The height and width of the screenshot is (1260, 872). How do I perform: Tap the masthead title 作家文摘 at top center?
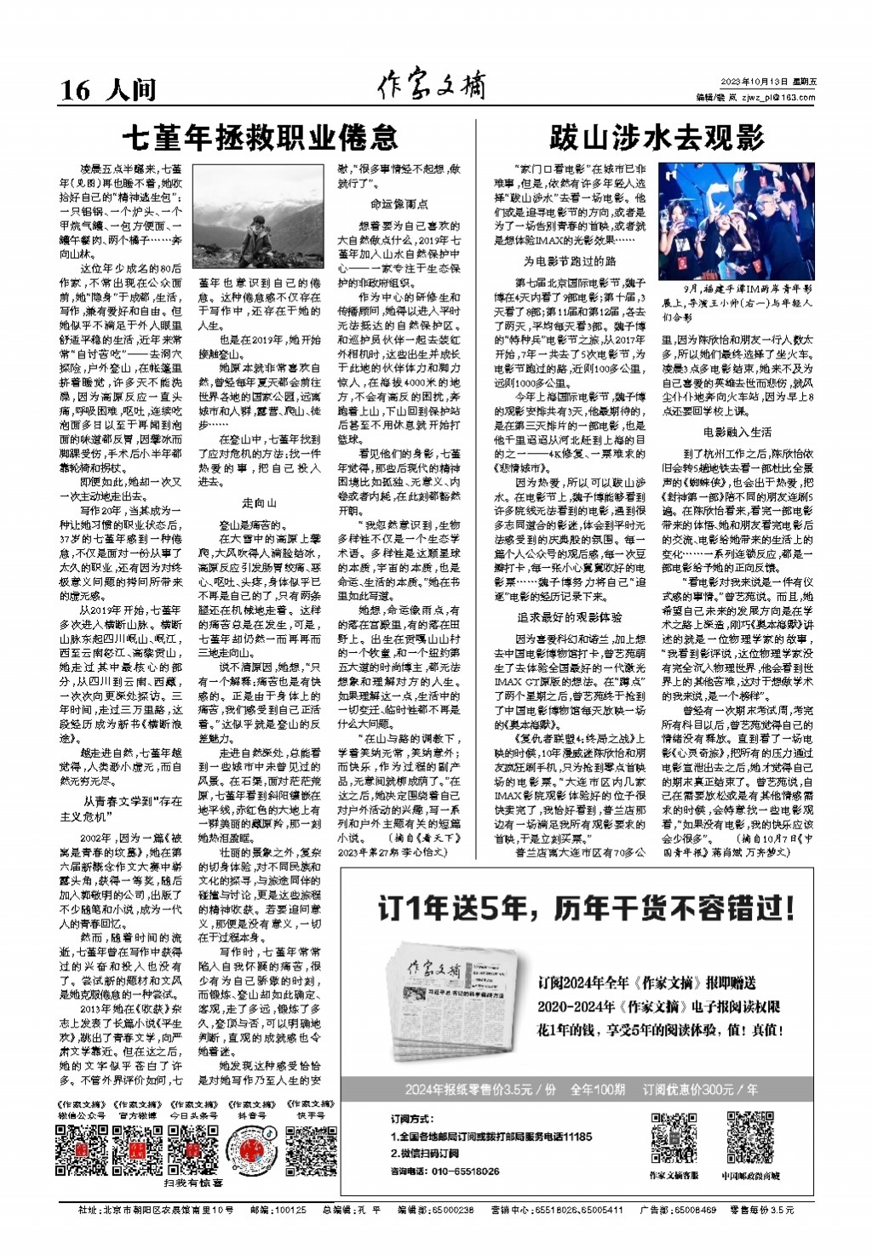click(435, 87)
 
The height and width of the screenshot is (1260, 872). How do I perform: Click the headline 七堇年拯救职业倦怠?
click(259, 137)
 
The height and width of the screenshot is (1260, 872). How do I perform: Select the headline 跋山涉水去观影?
click(656, 137)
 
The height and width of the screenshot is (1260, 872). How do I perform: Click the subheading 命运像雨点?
click(399, 204)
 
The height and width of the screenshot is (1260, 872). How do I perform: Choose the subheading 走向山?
click(259, 503)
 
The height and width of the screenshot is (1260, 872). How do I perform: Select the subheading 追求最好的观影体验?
click(569, 616)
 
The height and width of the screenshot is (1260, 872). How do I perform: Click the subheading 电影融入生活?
click(737, 432)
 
